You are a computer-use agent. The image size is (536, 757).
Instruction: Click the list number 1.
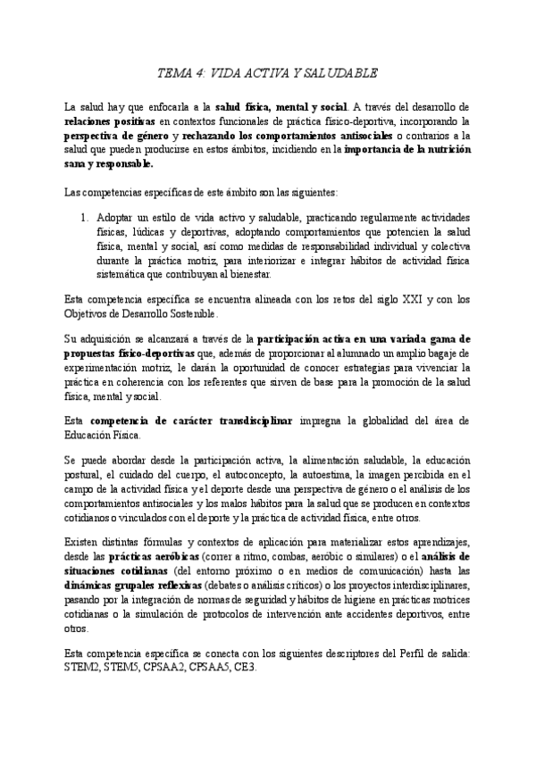coord(84,217)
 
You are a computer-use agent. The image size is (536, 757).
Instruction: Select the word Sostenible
coord(189,314)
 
